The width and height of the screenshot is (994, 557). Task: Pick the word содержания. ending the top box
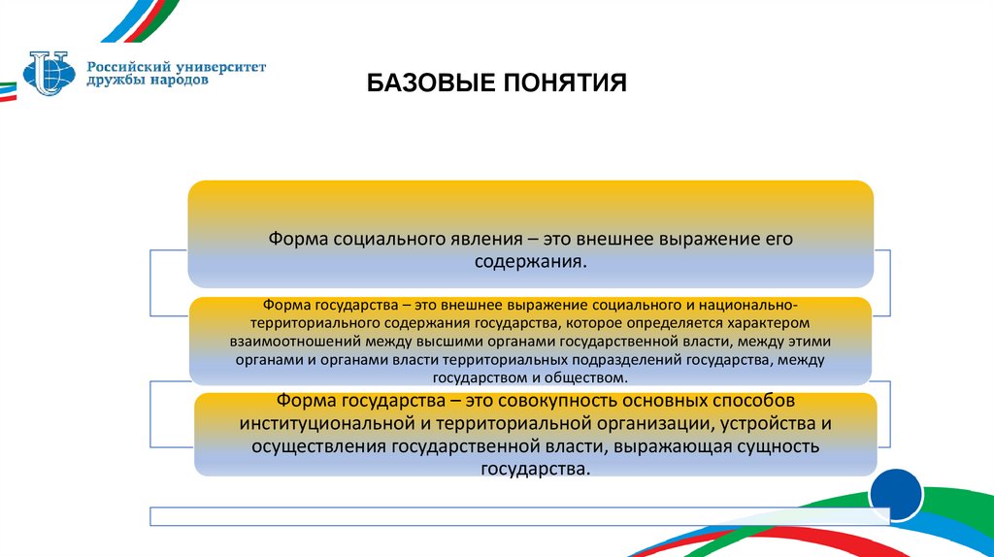(530, 262)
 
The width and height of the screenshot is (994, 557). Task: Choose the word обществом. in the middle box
(584, 377)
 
